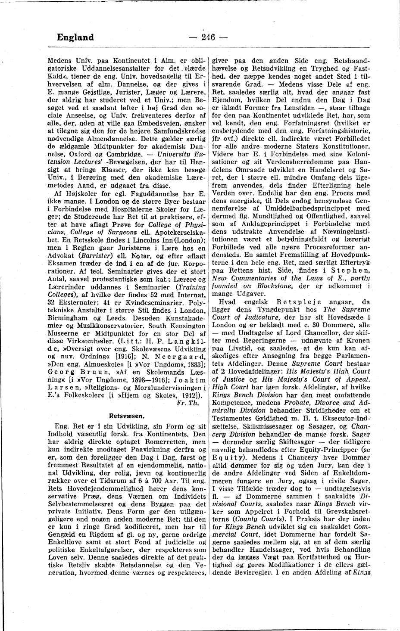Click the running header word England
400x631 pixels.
tap(75, 37)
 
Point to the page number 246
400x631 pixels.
tap(208, 37)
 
